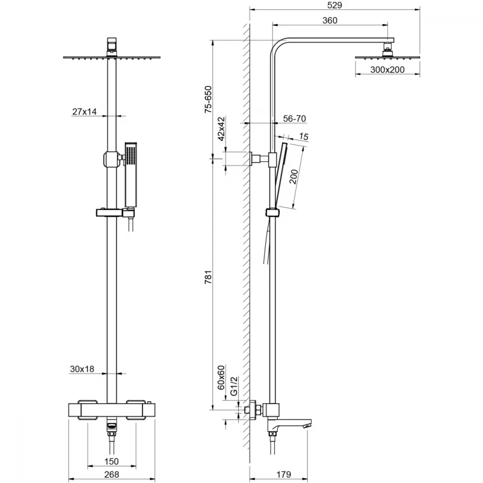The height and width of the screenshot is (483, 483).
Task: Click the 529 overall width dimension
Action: (x=335, y=5)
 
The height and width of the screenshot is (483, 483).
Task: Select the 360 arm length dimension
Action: (x=329, y=20)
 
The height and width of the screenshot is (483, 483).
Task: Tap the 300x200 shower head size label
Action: (x=387, y=70)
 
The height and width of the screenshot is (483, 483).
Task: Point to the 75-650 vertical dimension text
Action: (x=209, y=99)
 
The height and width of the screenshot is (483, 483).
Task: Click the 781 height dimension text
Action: (x=209, y=277)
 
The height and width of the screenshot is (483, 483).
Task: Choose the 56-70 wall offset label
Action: (x=294, y=119)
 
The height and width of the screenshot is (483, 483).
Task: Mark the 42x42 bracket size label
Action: (x=222, y=129)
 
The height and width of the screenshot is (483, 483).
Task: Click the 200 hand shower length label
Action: (x=294, y=176)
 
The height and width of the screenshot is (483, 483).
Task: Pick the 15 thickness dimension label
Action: (x=304, y=137)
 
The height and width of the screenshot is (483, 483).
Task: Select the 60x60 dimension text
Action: (x=221, y=377)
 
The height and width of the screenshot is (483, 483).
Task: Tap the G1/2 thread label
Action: (x=234, y=385)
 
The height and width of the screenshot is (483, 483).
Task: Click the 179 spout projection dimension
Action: (x=284, y=474)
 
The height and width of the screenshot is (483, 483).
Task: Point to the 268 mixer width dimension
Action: (x=112, y=474)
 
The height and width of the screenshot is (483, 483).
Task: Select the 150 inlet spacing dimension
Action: (x=111, y=461)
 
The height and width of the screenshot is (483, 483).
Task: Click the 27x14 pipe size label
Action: (x=85, y=112)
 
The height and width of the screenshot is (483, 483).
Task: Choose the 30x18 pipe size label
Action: (x=82, y=369)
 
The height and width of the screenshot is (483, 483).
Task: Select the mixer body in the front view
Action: (x=112, y=410)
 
